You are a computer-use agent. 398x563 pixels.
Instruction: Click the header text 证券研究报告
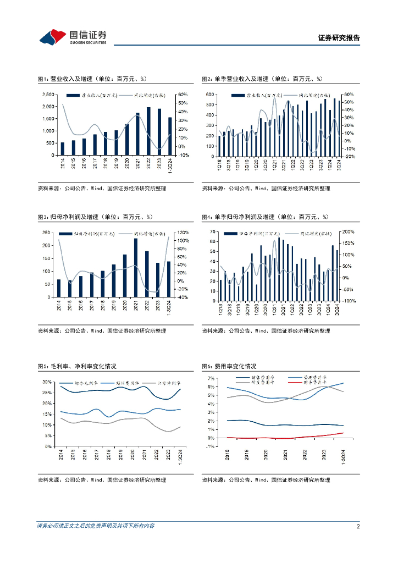339,38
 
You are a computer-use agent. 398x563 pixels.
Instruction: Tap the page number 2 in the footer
358,526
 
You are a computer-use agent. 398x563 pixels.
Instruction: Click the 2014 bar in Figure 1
62,148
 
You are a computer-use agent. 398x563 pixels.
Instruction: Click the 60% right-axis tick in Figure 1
183,95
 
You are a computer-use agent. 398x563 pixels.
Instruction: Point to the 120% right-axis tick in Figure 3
183,233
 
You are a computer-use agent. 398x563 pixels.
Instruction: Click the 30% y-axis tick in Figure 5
47,381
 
